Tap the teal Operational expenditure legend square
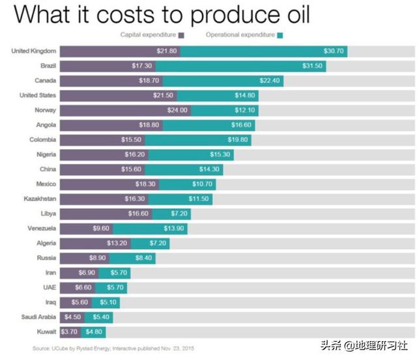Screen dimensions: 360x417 tap(280, 35)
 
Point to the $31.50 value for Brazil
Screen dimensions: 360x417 tap(310, 66)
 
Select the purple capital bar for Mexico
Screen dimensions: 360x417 tap(111, 184)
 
